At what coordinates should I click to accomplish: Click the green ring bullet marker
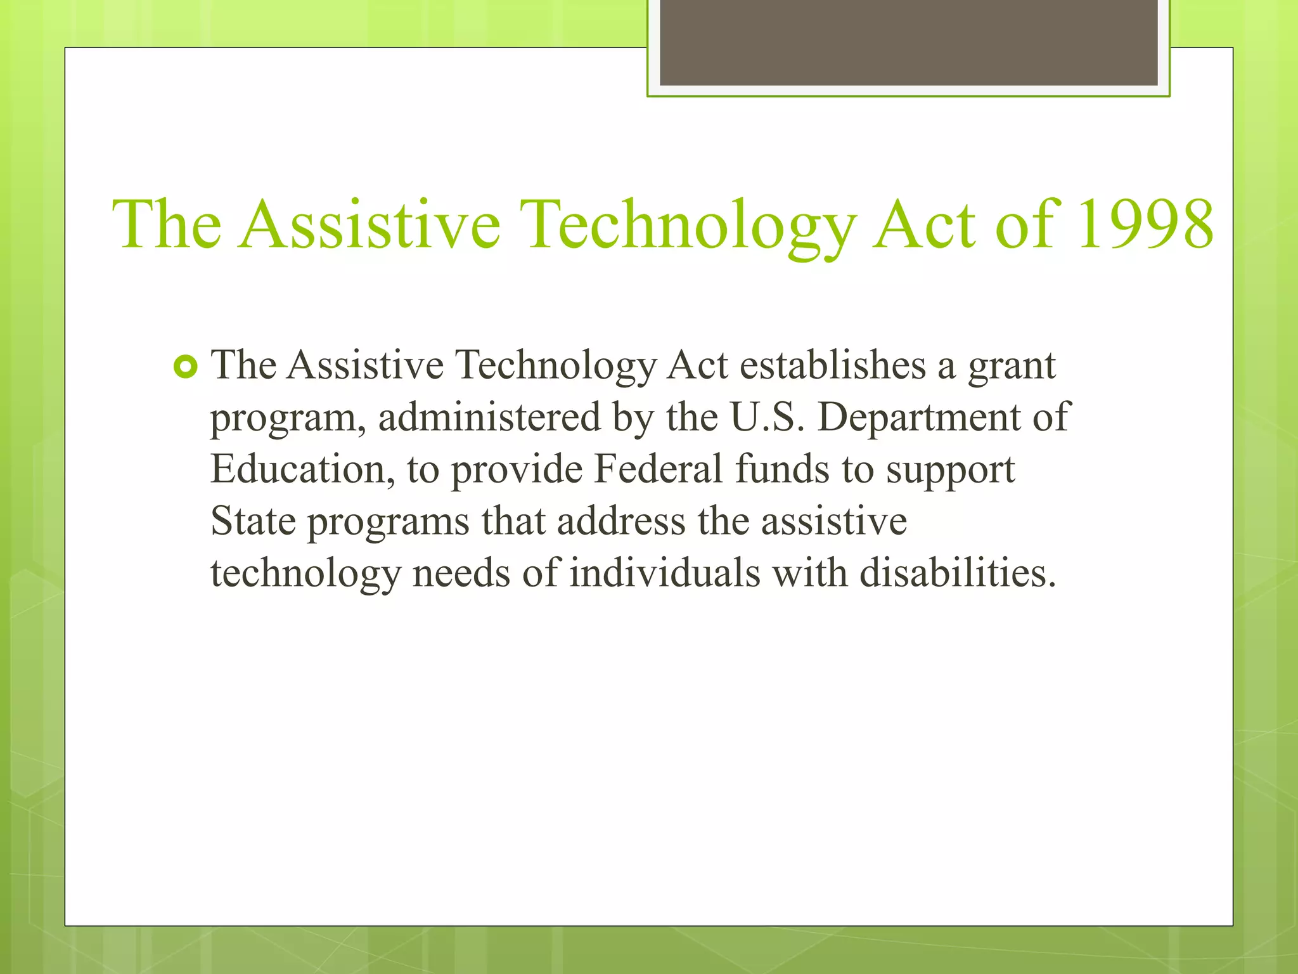tap(185, 367)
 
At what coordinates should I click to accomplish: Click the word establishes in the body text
tap(832, 366)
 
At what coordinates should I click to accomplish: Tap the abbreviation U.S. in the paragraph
tap(766, 418)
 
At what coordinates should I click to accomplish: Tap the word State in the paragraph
tap(253, 522)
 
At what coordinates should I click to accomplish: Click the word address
tap(621, 522)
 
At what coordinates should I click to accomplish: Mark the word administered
tap(489, 418)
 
